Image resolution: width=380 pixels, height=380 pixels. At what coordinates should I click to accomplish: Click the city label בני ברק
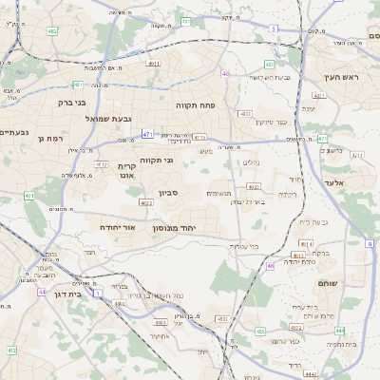(x=66, y=101)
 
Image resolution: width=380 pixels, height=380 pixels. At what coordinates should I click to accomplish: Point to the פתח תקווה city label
(x=198, y=104)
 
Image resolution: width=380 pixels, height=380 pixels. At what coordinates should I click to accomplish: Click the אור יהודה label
(x=118, y=228)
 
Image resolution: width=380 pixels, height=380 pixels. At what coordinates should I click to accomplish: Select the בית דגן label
(x=65, y=295)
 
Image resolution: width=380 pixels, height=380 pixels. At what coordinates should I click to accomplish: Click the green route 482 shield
(x=51, y=32)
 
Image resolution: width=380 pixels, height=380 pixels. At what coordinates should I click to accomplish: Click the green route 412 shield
(x=10, y=351)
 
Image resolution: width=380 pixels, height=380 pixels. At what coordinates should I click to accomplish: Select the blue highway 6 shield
(x=369, y=244)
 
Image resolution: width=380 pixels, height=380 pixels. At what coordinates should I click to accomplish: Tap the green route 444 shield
(x=339, y=329)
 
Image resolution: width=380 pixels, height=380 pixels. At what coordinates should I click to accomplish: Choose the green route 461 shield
(x=29, y=197)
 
